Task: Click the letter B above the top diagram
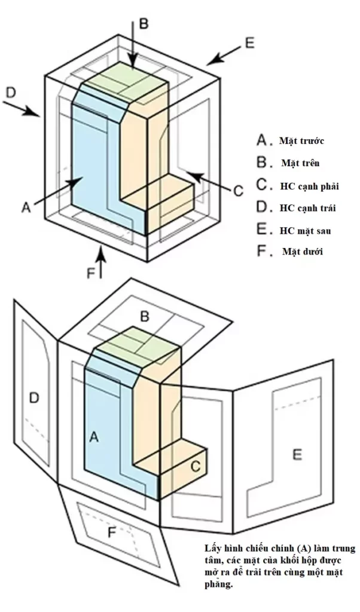[x=144, y=23]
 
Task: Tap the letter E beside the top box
[x=249, y=42]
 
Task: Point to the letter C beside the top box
[x=237, y=191]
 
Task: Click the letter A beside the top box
[x=26, y=207]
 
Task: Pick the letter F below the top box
[x=91, y=273]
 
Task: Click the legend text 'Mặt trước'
[x=301, y=141]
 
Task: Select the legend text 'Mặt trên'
[x=300, y=163]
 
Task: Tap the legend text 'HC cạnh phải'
[x=309, y=186]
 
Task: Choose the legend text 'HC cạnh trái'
[x=308, y=208]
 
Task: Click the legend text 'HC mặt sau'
[x=306, y=230]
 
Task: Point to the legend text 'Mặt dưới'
[x=302, y=252]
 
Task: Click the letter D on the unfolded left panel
[x=34, y=397]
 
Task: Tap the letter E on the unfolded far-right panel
[x=297, y=455]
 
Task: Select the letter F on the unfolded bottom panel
[x=111, y=533]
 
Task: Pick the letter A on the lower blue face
[x=93, y=437]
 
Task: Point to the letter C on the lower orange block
[x=195, y=466]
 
